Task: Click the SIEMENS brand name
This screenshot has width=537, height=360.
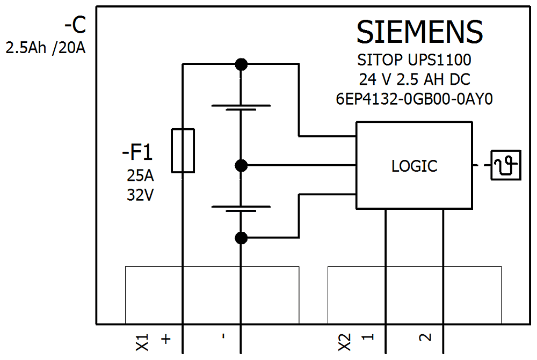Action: [420, 32]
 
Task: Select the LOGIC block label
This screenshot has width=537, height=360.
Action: [414, 166]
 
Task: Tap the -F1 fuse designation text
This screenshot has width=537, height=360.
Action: [137, 153]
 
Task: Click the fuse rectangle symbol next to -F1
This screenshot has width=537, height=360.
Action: [183, 151]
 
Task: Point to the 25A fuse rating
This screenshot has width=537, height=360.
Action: [140, 176]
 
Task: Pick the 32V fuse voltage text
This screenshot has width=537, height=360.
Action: [140, 195]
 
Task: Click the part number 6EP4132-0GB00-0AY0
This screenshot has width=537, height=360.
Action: [413, 99]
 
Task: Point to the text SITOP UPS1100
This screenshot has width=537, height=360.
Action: [413, 59]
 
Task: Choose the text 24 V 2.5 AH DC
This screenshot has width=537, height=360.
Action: [415, 79]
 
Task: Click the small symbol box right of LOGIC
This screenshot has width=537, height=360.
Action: [506, 165]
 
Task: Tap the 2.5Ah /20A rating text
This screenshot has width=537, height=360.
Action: [46, 48]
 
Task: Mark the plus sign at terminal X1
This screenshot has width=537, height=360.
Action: [166, 339]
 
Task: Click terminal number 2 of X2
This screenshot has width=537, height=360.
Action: [425, 337]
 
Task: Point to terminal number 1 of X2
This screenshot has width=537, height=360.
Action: [368, 338]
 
